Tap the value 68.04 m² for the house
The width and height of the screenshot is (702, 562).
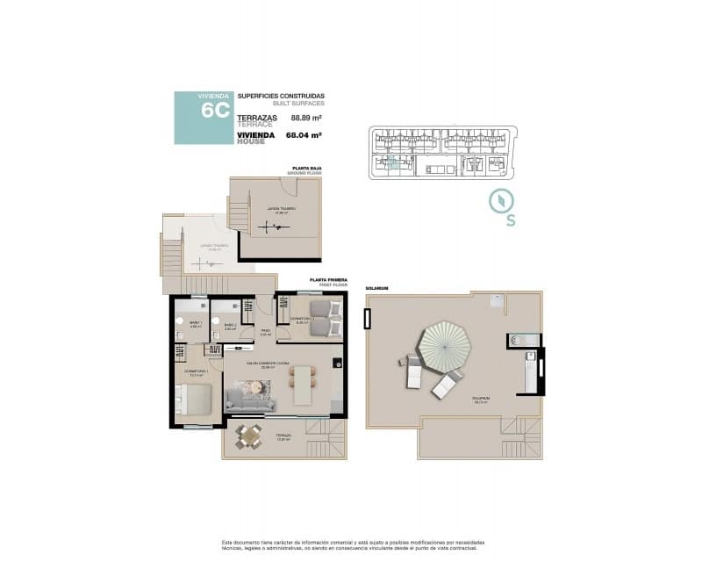(304, 135)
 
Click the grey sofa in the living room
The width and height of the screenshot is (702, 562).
(249, 400)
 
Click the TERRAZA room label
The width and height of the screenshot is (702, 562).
(283, 435)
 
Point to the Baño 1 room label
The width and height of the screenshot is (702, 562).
(196, 323)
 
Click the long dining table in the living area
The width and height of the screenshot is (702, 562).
(303, 384)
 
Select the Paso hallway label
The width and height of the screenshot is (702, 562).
(265, 330)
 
